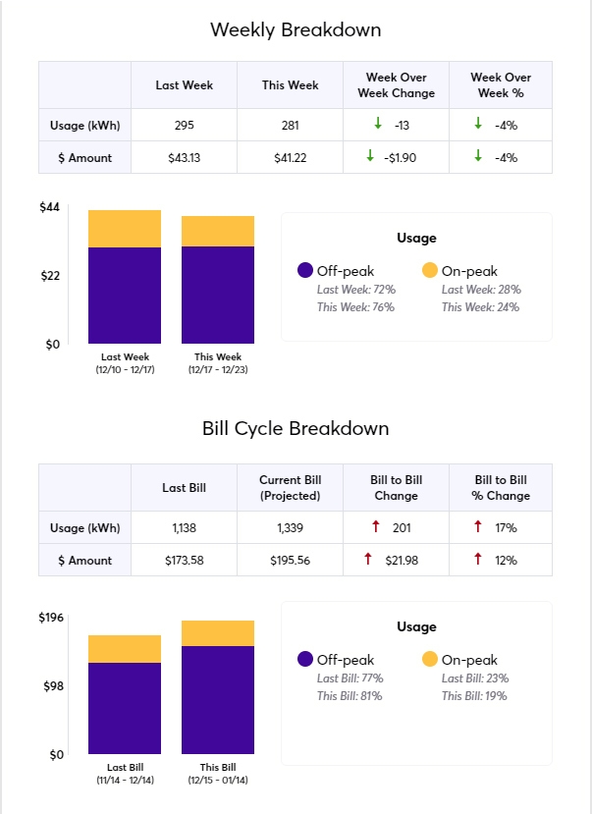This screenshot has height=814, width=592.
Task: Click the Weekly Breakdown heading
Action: [296, 29]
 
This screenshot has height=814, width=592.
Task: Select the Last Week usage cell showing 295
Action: [184, 125]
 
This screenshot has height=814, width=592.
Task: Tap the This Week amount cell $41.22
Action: [290, 157]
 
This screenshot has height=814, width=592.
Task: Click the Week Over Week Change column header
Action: [396, 84]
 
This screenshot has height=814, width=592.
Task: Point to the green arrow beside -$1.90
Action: [370, 156]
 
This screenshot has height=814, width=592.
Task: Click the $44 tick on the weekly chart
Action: [50, 207]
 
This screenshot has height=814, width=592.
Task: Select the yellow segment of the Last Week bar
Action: [125, 229]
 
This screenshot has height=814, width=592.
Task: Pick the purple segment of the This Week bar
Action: [218, 295]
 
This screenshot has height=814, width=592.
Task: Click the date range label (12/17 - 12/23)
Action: [218, 369]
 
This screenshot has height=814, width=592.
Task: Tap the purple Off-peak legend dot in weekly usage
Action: [304, 270]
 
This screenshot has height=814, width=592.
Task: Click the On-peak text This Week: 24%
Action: [480, 307]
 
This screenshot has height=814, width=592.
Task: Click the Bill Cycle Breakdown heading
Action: [296, 429]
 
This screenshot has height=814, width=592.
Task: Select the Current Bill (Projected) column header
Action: [290, 487]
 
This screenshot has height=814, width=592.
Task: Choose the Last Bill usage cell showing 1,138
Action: [184, 528]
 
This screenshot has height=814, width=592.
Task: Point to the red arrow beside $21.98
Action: [368, 559]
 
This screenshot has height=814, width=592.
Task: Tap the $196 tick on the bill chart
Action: [50, 617]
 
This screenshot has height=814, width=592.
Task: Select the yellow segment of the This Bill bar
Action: [218, 633]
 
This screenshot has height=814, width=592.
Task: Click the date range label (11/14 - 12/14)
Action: [125, 780]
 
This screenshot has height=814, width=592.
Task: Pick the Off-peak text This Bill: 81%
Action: [350, 696]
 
